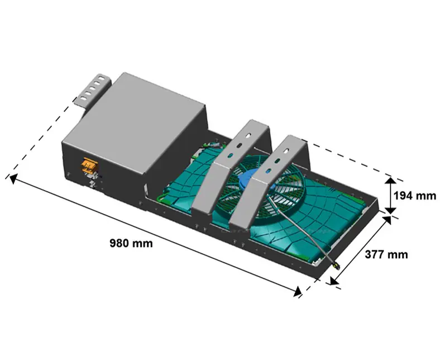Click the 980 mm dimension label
click(x=131, y=243)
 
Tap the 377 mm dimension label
click(x=386, y=254)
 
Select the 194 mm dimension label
click(x=415, y=196)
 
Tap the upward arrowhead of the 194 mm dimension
click(x=390, y=181)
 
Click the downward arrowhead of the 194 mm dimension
click(x=390, y=211)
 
